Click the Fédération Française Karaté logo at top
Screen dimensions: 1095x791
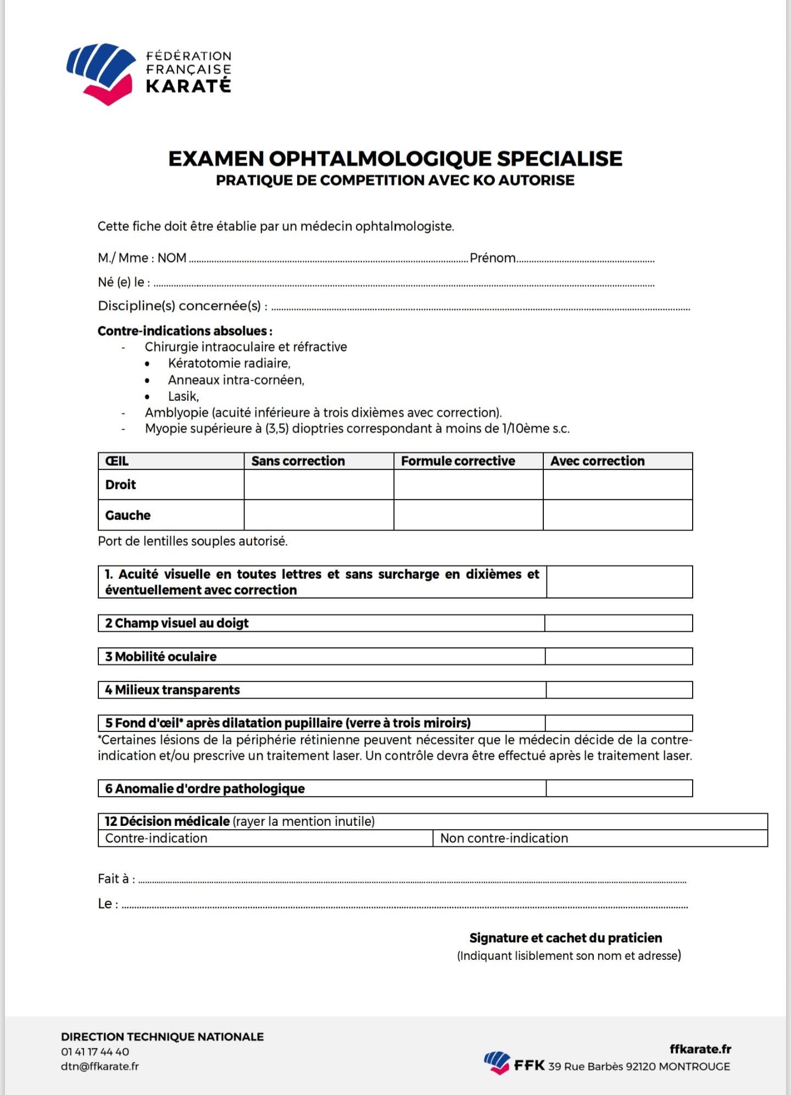click(148, 73)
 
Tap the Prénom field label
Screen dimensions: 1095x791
click(492, 258)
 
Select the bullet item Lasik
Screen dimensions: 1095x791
click(183, 396)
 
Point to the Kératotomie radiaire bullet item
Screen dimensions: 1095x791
click(229, 364)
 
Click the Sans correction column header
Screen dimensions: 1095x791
click(298, 461)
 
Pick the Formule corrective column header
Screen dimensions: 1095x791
click(458, 461)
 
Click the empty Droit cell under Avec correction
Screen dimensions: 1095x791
click(617, 484)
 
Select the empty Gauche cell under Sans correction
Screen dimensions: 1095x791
click(319, 515)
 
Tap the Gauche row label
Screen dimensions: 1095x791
click(128, 515)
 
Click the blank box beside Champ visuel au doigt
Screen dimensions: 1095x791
click(619, 623)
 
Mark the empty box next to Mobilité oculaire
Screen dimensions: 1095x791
click(619, 657)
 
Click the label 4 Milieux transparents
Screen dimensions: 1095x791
click(172, 690)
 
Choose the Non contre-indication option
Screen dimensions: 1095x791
click(504, 839)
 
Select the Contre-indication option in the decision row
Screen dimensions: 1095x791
click(157, 839)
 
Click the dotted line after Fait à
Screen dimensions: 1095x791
click(412, 881)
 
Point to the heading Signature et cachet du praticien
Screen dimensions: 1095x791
click(565, 938)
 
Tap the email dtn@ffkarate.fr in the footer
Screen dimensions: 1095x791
click(100, 1066)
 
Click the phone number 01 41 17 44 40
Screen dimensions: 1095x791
click(95, 1052)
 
